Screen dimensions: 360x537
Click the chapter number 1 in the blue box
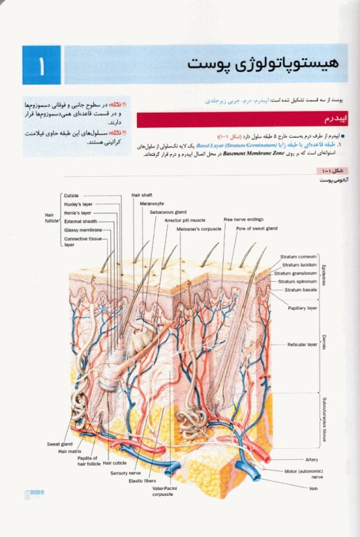(41, 66)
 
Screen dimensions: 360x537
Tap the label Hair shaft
(142, 195)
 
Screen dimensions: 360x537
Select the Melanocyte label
(152, 203)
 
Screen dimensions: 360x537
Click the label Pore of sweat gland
(257, 228)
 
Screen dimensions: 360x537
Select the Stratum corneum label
(298, 257)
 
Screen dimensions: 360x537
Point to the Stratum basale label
(301, 289)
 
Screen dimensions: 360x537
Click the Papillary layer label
(303, 308)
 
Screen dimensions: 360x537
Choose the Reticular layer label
(303, 345)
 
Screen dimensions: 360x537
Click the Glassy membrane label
(82, 229)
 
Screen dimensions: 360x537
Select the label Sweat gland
(59, 444)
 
